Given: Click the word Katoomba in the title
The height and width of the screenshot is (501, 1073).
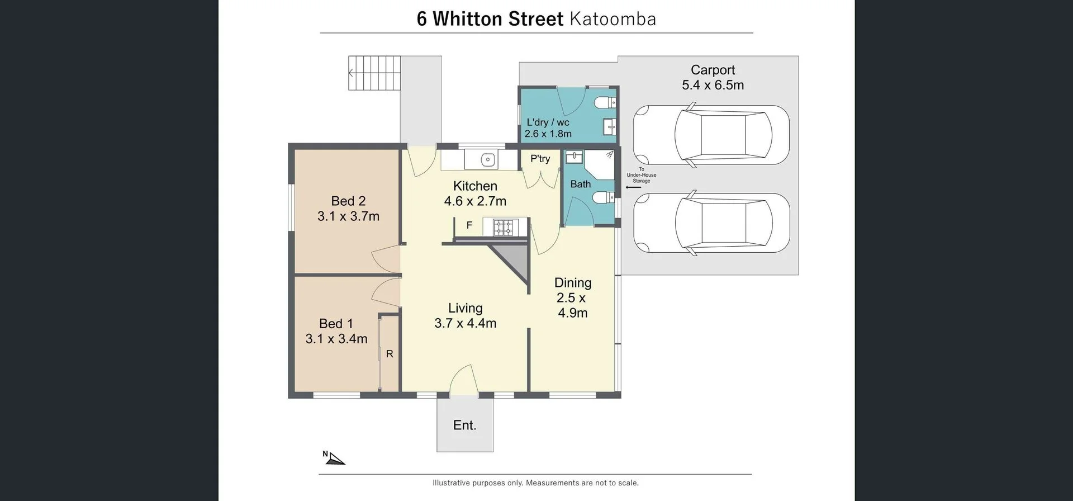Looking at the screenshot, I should (x=613, y=19).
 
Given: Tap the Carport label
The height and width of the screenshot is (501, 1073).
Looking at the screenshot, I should (x=713, y=70).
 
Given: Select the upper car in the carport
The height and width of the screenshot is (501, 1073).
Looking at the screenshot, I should (x=711, y=135).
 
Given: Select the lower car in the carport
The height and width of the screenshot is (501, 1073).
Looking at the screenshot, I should (x=711, y=223).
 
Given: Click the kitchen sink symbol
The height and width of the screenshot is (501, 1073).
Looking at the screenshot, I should (x=488, y=160).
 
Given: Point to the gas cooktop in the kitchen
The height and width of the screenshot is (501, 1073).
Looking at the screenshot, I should (x=503, y=227).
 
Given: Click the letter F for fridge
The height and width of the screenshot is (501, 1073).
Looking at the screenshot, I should (x=469, y=225).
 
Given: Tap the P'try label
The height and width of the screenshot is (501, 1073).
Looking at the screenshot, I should (x=540, y=159).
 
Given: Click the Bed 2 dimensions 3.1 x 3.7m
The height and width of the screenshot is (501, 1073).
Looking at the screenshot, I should (x=348, y=216).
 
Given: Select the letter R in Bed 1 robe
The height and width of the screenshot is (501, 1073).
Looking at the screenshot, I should (x=390, y=354).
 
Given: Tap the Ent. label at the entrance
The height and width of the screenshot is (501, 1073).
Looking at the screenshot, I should (x=464, y=426).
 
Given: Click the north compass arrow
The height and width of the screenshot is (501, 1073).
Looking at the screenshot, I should (x=335, y=459).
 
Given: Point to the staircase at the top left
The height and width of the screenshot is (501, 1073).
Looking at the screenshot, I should (x=374, y=73).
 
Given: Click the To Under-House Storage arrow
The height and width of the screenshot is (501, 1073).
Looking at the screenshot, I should (x=633, y=187).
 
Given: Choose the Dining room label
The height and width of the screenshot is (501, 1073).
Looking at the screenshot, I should (x=572, y=283).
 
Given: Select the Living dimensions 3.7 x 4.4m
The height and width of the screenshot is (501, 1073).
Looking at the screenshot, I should (x=465, y=323).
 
